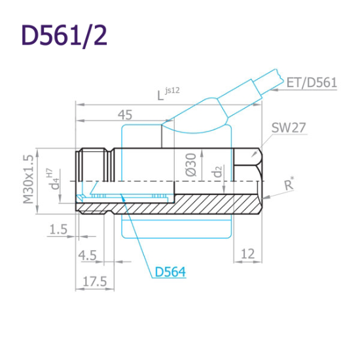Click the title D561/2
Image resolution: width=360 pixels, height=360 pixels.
point(63,36)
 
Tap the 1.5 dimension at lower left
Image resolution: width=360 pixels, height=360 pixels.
point(58,228)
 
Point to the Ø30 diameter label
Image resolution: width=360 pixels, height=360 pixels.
point(191,164)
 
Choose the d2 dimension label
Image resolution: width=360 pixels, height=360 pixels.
point(219,171)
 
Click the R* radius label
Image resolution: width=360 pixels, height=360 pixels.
point(290,186)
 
